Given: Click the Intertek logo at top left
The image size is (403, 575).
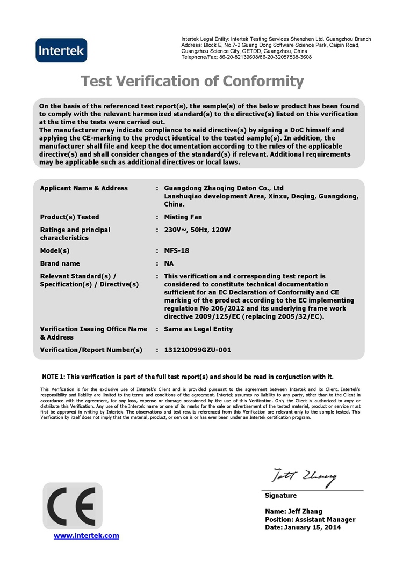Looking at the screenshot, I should [x=61, y=50].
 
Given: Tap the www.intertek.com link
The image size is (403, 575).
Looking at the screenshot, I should [x=86, y=535].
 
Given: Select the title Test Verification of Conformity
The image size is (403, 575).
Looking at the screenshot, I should [x=192, y=81].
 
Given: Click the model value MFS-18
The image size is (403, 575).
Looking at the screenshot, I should [x=176, y=250].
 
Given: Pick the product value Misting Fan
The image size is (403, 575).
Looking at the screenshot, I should [x=183, y=217].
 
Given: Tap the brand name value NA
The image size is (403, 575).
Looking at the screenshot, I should [x=169, y=263].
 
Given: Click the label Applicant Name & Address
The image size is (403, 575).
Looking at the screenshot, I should [x=84, y=188].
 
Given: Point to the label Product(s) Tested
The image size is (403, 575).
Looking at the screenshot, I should [x=69, y=217].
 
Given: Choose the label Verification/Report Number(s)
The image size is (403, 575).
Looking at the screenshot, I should [x=91, y=350].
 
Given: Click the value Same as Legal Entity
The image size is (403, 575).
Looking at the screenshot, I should [x=198, y=329].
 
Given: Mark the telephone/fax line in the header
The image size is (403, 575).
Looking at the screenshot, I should [x=246, y=57].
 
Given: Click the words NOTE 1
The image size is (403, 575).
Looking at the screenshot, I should [x=53, y=377].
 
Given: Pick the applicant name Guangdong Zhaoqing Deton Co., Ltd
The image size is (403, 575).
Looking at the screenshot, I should [x=224, y=188].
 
